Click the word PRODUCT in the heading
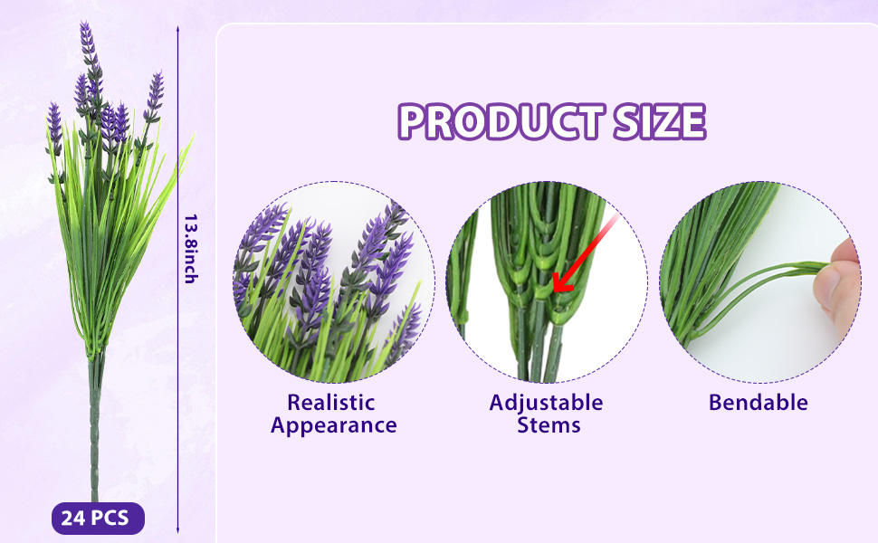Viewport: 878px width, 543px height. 501,121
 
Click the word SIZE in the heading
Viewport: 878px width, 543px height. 659,121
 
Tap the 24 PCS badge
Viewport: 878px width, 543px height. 98,519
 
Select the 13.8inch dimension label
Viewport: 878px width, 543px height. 191,249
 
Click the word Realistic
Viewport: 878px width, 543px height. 331,403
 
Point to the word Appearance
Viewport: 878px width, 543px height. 334,426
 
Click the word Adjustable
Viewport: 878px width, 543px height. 546,403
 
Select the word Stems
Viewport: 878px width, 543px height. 549,425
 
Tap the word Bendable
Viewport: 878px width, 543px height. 759,403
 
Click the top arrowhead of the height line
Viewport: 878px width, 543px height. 178,29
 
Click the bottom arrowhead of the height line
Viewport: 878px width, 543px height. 178,529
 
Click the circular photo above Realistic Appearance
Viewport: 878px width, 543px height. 334,282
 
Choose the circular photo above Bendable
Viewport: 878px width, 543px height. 759,282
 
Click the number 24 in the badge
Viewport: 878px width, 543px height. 72,519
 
